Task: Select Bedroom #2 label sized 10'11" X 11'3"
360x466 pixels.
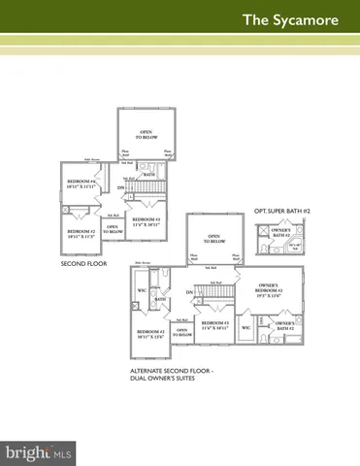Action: [x=79, y=234]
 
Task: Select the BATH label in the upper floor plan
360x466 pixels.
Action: [x=149, y=175]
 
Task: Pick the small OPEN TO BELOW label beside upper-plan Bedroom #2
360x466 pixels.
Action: [x=113, y=229]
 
